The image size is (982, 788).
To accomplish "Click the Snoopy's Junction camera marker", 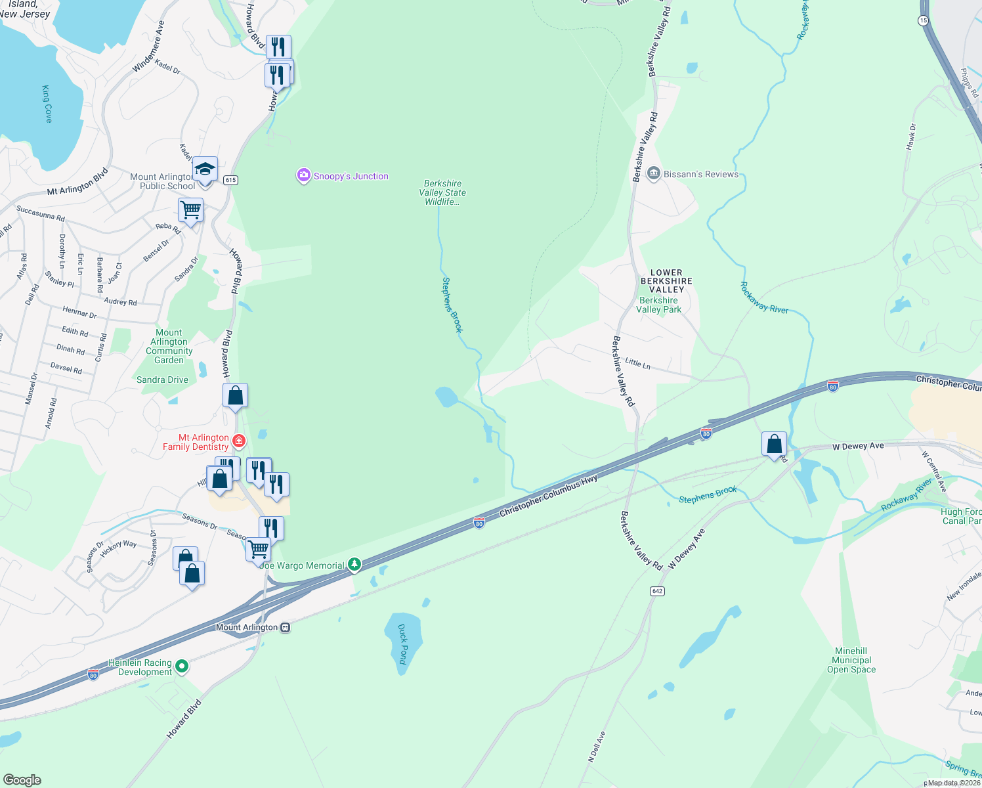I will pyautogui.click(x=303, y=175).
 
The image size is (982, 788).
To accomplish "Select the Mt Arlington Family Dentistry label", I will pyautogui.click(x=196, y=442).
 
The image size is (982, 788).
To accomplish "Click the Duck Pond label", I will pyautogui.click(x=402, y=644).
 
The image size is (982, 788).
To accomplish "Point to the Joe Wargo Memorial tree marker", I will pyautogui.click(x=354, y=564).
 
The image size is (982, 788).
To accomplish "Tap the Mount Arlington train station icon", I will pyautogui.click(x=285, y=627).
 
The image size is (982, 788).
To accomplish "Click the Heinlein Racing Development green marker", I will pyautogui.click(x=182, y=667).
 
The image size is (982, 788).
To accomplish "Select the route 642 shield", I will pyautogui.click(x=657, y=591).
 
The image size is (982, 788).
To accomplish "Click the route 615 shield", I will pyautogui.click(x=230, y=180).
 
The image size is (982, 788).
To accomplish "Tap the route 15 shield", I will pyautogui.click(x=923, y=21).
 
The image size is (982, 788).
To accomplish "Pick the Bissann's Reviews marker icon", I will pyautogui.click(x=653, y=173).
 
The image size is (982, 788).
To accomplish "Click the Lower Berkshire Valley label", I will pyautogui.click(x=666, y=280).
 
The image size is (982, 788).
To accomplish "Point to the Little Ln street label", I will pyautogui.click(x=637, y=362).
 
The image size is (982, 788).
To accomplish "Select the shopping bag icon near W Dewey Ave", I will pyautogui.click(x=775, y=445).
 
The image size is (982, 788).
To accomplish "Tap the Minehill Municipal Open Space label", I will pyautogui.click(x=851, y=660).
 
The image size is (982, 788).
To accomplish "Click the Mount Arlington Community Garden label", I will pyautogui.click(x=169, y=346).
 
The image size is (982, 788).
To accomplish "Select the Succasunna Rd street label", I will pyautogui.click(x=41, y=213).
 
